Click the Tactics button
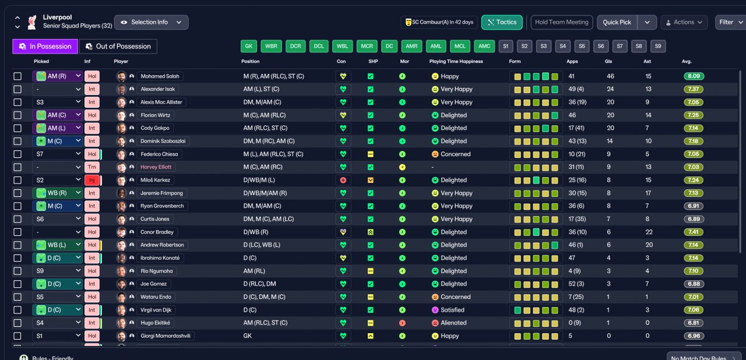(502, 22)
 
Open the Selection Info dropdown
(151, 22)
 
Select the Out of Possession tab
(118, 46)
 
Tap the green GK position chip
(249, 46)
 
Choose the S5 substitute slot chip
(582, 46)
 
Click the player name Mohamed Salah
(160, 76)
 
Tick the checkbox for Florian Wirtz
(17, 115)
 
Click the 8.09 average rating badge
(694, 76)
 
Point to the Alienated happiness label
(453, 323)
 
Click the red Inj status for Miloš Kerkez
(92, 180)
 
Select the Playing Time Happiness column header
(456, 61)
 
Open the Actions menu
(684, 22)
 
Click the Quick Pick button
(617, 22)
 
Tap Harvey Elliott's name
(156, 167)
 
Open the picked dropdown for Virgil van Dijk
(57, 310)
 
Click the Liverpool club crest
(32, 22)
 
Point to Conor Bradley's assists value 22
(649, 232)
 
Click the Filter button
(730, 22)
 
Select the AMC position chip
(484, 46)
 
